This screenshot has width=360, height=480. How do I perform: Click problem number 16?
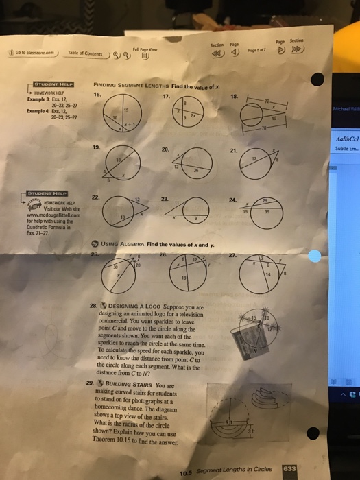click(97, 95)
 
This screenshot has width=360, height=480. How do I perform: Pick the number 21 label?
click(235, 150)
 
